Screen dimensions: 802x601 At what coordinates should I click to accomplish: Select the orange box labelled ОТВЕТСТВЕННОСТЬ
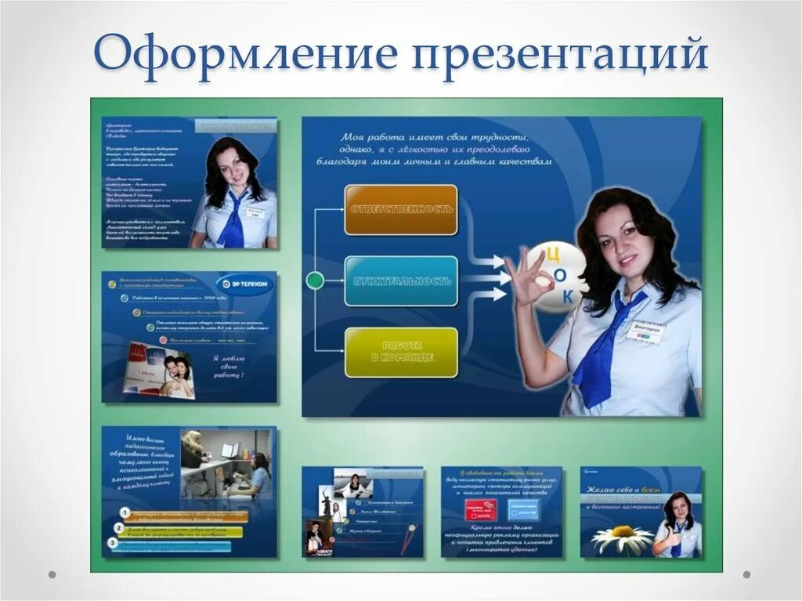coord(401,210)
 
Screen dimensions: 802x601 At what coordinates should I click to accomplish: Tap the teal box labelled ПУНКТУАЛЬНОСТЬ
coord(401,281)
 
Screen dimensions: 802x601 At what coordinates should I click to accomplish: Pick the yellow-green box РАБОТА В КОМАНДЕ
coord(401,352)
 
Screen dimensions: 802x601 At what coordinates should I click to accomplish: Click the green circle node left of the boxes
coord(315,281)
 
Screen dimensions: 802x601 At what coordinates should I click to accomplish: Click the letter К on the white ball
coord(569,295)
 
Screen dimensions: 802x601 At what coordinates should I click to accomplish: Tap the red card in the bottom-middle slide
coord(479,511)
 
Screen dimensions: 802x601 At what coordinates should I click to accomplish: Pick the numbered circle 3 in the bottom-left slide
coord(114,542)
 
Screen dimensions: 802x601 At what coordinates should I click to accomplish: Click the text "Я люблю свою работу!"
coord(229,366)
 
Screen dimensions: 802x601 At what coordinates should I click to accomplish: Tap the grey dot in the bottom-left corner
coord(52,574)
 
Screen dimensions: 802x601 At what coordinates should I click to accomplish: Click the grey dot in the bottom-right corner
coord(746,574)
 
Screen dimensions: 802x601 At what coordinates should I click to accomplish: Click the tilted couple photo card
coord(161,370)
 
